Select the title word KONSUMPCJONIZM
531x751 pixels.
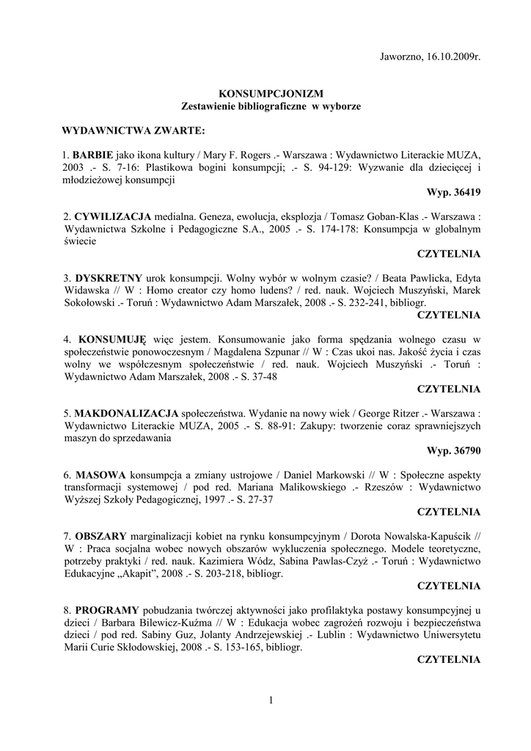(x=271, y=94)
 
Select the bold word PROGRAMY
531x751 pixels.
(x=107, y=610)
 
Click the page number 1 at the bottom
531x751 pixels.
(x=271, y=700)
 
